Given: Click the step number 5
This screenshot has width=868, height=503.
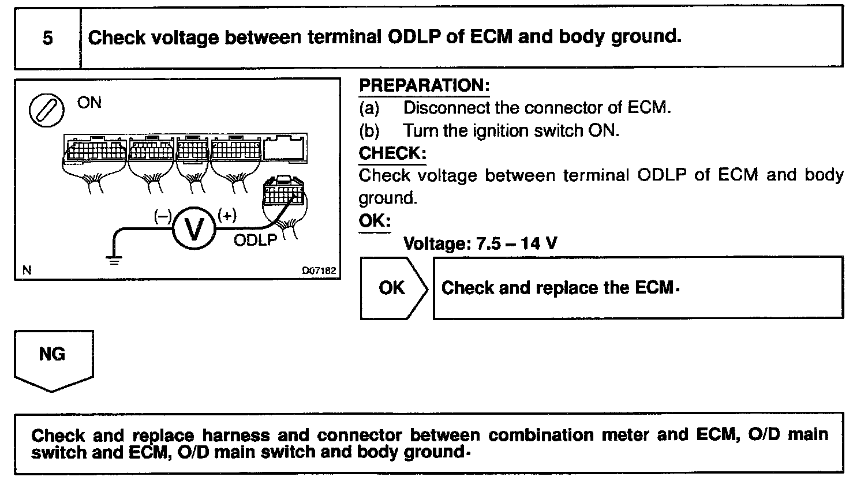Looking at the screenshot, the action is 47,38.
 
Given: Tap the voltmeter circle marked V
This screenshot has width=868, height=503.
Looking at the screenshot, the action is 194,229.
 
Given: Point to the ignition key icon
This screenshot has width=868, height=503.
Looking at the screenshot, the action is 46,111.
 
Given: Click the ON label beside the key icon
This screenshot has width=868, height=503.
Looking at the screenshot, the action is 89,103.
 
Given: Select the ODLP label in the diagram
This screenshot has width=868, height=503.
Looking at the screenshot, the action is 255,240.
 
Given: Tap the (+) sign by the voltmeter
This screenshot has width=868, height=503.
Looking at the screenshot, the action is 227,216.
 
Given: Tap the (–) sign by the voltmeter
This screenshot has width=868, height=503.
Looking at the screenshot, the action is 163,216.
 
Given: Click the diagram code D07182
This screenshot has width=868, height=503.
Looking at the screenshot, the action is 319,271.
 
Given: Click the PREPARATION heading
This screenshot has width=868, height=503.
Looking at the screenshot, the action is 424,86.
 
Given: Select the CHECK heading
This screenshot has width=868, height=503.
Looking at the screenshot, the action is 392,153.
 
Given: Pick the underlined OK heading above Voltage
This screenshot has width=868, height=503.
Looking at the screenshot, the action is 375,221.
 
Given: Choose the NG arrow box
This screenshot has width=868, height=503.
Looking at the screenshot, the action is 53,358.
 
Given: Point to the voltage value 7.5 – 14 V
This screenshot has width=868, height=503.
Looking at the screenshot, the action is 517,243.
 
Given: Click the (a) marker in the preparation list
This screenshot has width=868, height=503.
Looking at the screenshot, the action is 369,108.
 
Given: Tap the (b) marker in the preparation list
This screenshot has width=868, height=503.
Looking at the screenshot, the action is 369,131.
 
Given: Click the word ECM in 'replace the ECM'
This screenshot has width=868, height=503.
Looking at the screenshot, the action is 656,288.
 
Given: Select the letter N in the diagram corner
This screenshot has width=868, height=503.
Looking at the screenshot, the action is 27,270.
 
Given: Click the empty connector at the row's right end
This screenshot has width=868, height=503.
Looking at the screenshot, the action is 285,148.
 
